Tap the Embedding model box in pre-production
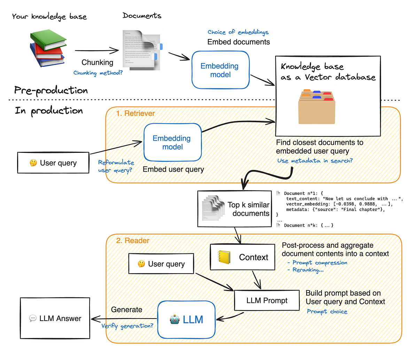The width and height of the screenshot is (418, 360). [x=220, y=70]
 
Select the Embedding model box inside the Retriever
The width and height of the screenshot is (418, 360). [x=172, y=142]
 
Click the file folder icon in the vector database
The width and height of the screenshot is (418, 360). [x=316, y=107]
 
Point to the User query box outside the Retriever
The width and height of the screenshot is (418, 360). [x=53, y=163]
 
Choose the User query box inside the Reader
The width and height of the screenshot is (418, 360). [x=161, y=264]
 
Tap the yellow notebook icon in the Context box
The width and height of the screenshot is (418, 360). [x=224, y=257]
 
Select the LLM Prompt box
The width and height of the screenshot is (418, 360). [x=266, y=300]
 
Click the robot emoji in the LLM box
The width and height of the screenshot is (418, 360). [x=175, y=319]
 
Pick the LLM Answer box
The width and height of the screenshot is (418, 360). [x=55, y=318]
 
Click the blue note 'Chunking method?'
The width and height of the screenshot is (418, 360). [x=98, y=73]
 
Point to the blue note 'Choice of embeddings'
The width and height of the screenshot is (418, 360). [x=238, y=32]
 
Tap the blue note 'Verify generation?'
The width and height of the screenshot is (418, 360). [x=127, y=326]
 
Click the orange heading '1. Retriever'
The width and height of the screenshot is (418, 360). [x=135, y=114]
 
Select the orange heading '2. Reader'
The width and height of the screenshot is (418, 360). [x=132, y=241]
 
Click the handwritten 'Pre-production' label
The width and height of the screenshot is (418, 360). [x=51, y=91]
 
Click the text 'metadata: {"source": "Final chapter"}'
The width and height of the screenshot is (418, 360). [x=335, y=210]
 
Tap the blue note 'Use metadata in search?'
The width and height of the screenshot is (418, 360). [x=315, y=161]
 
